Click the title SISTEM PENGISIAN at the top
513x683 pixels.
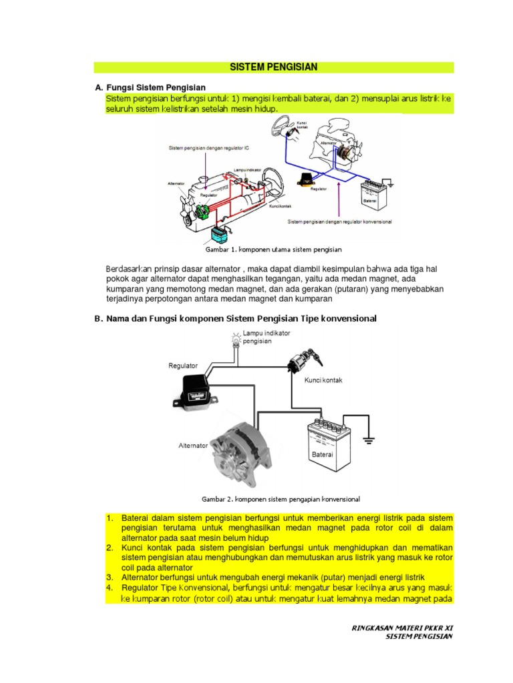[x=273, y=67]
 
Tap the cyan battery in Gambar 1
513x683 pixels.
[x=219, y=233]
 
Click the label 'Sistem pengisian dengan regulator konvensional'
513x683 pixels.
[x=339, y=221]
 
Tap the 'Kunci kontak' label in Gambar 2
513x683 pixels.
[x=323, y=380]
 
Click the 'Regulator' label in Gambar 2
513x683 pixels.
[x=183, y=366]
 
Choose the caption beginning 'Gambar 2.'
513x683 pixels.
[x=281, y=498]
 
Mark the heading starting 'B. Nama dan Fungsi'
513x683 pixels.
[x=235, y=319]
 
